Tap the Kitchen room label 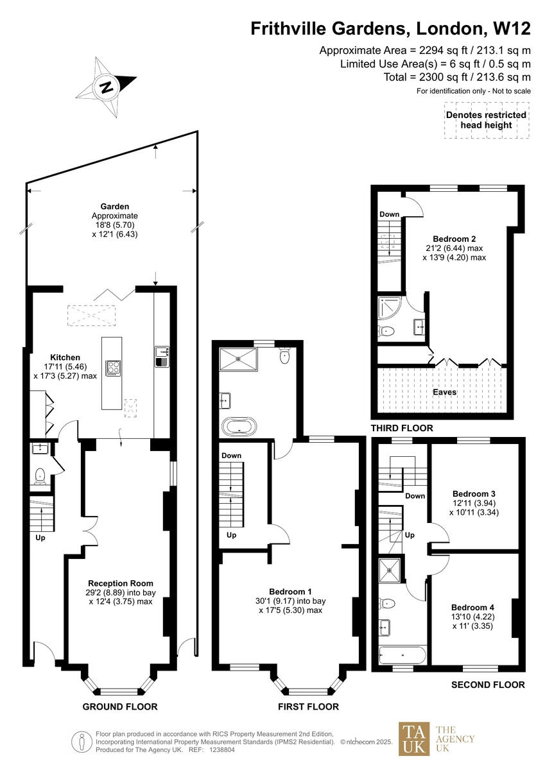tap(65, 357)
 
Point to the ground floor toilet tap(40, 475)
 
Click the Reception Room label tap(112, 583)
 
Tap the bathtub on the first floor tap(238, 426)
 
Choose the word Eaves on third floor tap(444, 392)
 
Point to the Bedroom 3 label tap(473, 494)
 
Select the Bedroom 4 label tap(473, 608)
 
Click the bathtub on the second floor tap(403, 656)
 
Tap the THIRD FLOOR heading tap(402, 428)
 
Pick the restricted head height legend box tap(486, 120)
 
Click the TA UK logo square tap(414, 739)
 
